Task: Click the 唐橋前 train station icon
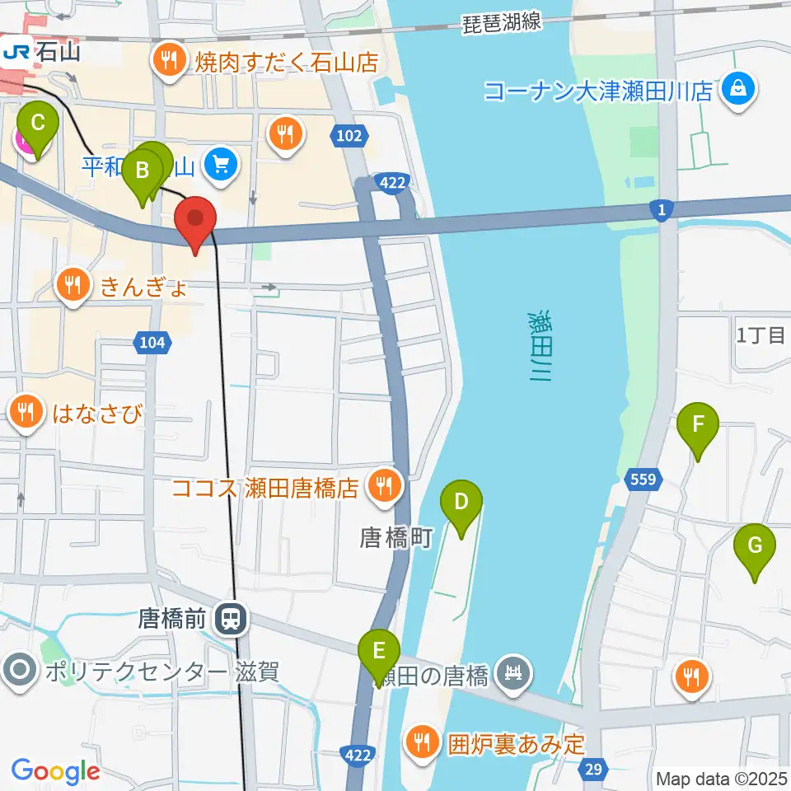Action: [x=231, y=619]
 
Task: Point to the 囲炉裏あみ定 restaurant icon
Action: [x=424, y=742]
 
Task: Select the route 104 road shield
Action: [x=152, y=342]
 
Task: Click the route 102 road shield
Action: [x=349, y=136]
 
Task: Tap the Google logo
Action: [x=55, y=771]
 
